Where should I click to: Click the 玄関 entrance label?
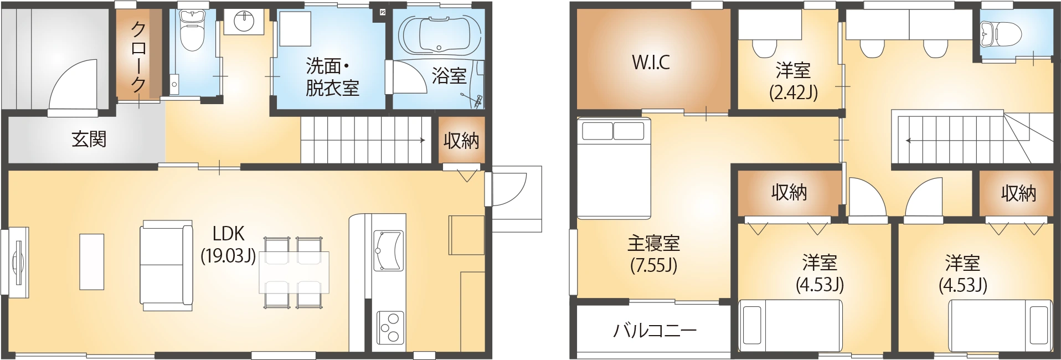point(89,139)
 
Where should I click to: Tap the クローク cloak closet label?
point(138,57)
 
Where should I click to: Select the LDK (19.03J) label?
point(229,244)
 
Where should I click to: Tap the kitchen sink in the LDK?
point(389,251)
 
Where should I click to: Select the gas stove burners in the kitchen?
point(390,327)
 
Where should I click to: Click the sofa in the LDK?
point(166,265)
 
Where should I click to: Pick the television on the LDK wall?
point(18,263)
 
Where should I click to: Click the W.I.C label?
point(651,62)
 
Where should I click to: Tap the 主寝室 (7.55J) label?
point(653,254)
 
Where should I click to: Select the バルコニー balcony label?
point(655,331)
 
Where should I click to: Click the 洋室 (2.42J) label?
point(794,81)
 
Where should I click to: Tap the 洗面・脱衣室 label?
point(332,78)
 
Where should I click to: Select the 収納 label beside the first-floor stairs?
point(461,141)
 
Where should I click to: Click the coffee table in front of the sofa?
point(92,261)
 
